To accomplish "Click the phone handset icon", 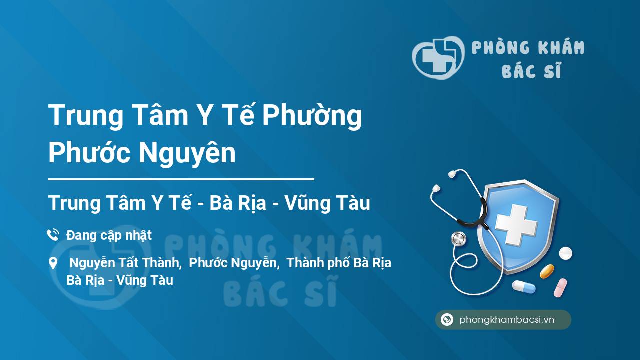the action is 53,235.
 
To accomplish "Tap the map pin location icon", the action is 53,263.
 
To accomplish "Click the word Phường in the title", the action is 312,116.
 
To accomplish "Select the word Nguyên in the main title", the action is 187,153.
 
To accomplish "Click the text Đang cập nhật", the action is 109,235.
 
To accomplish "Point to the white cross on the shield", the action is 516,224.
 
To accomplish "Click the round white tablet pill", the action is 565,253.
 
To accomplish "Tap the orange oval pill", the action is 547,271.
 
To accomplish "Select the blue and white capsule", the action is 524,287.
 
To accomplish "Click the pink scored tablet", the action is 560,288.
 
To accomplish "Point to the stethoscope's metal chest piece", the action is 458,239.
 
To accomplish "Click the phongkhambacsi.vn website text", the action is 507,320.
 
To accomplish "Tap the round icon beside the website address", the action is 447,319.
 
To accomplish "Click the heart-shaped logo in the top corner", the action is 438,57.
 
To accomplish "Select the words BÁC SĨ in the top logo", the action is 531,70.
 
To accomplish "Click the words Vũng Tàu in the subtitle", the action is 327,203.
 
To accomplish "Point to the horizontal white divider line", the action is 181,179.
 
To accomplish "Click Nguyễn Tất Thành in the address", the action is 125,263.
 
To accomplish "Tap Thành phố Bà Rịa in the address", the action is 339,263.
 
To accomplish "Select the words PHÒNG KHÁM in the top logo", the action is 528,47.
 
